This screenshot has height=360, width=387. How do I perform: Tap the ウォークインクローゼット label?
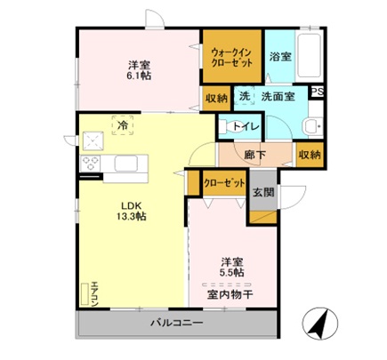(230, 57)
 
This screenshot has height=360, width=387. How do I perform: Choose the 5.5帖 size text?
(234, 273)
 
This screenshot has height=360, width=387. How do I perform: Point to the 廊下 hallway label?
(255, 154)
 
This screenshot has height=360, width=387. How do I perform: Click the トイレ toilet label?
(246, 126)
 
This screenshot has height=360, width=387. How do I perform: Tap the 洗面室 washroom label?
(278, 96)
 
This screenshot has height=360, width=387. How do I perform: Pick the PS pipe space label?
(317, 91)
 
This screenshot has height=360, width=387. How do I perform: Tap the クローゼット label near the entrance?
(223, 183)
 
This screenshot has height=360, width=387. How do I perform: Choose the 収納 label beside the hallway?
(309, 155)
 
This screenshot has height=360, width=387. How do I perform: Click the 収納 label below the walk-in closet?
(215, 98)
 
